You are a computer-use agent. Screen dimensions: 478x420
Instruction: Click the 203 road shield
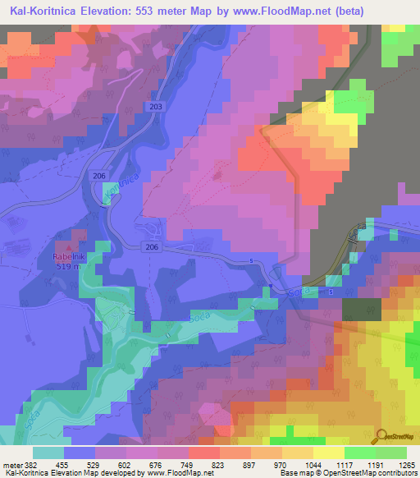click(x=157, y=108)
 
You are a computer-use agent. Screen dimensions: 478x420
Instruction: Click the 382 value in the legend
click(x=33, y=464)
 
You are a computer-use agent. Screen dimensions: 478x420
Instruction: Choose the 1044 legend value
click(x=314, y=464)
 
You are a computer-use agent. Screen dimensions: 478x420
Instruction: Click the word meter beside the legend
click(x=11, y=464)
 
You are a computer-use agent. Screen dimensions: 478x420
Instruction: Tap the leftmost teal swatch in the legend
click(x=48, y=453)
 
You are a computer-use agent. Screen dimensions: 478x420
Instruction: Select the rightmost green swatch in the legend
click(x=391, y=453)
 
